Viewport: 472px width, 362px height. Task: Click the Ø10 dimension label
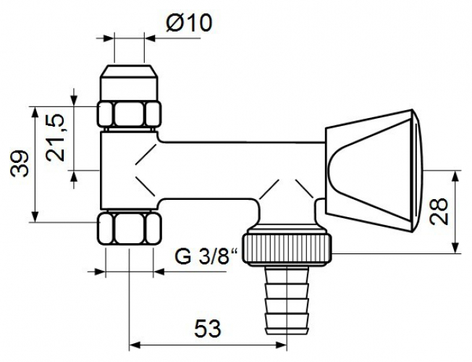click(x=189, y=23)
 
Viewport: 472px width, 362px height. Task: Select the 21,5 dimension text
click(x=56, y=138)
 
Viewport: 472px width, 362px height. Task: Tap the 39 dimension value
click(x=20, y=164)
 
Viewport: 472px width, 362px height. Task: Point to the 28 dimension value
click(x=439, y=211)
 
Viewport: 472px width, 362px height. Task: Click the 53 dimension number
click(x=207, y=329)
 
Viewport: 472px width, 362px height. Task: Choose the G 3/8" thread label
click(x=206, y=256)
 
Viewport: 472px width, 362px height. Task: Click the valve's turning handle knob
click(x=374, y=170)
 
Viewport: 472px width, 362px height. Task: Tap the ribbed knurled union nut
click(x=288, y=248)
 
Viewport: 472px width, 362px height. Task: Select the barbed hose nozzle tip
click(x=287, y=300)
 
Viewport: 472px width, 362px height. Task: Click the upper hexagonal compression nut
click(x=129, y=114)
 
